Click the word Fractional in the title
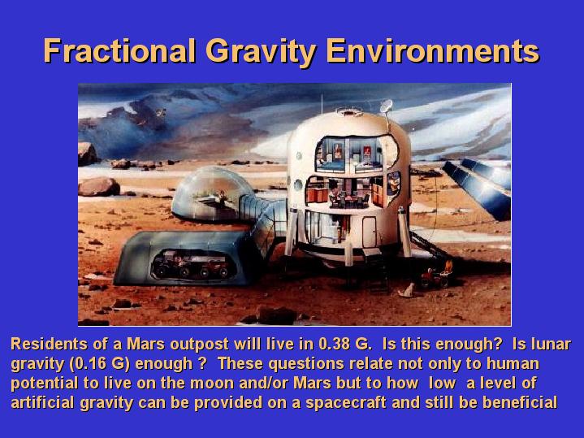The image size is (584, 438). click(x=119, y=50)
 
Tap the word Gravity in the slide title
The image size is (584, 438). click(x=261, y=52)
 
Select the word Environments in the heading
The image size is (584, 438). click(x=432, y=50)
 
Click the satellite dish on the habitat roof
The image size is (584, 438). click(x=387, y=106)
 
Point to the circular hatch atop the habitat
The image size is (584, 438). click(x=349, y=111)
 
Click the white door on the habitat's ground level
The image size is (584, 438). click(x=369, y=232)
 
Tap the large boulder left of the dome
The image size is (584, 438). click(x=99, y=187)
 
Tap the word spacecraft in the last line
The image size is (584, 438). click(x=346, y=403)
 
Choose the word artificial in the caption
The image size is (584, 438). click(x=42, y=402)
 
